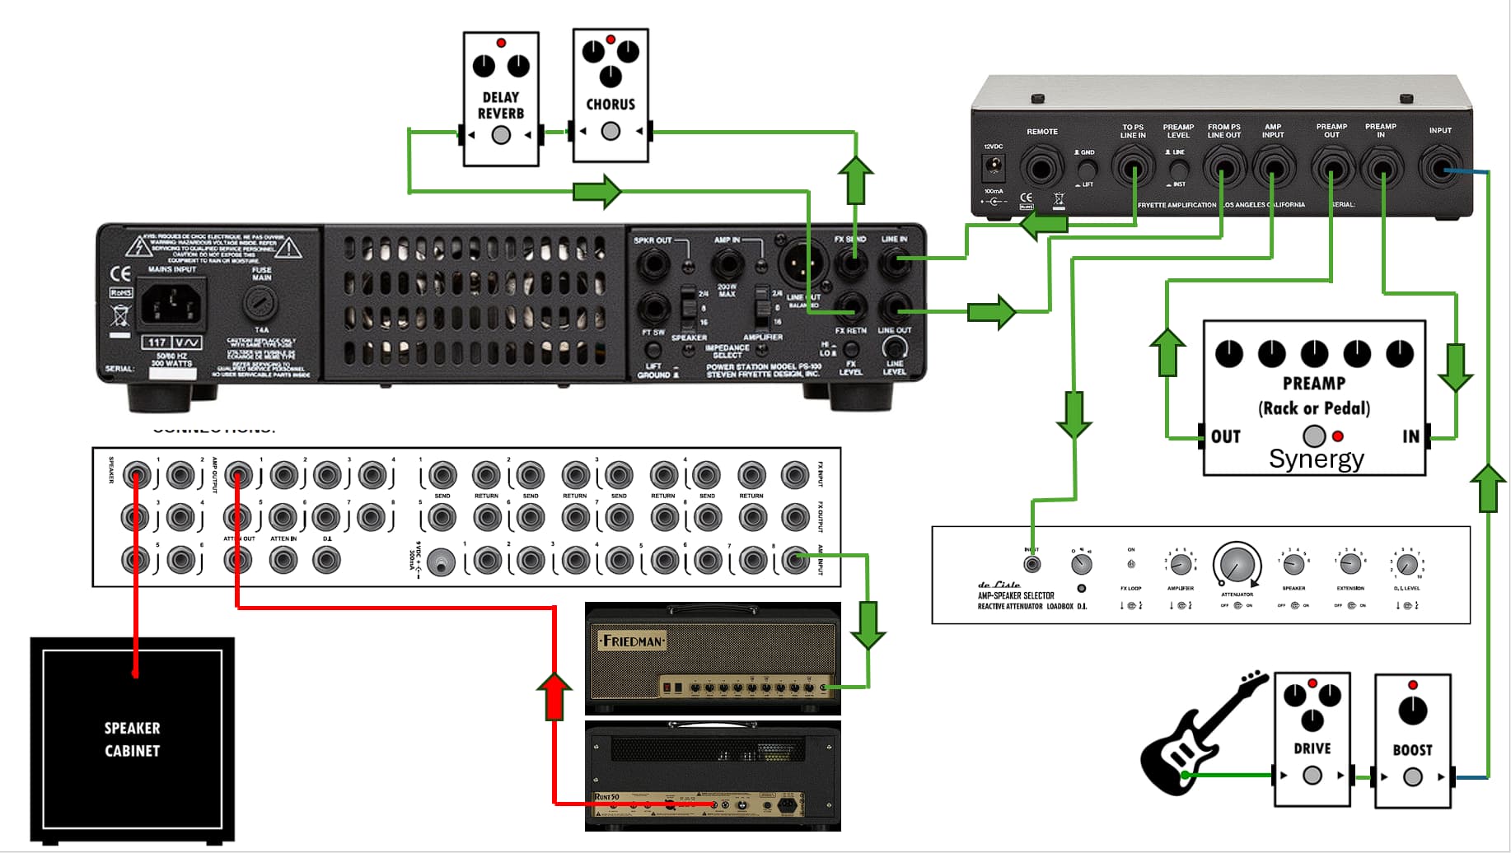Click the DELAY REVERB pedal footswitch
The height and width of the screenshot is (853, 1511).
(501, 135)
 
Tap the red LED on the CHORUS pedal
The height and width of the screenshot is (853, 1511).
(610, 40)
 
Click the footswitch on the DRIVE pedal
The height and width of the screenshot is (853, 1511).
(1312, 775)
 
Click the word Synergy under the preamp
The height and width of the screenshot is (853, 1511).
(1316, 459)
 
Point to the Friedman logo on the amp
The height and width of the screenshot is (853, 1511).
(631, 641)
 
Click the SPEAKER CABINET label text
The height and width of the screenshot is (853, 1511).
(132, 739)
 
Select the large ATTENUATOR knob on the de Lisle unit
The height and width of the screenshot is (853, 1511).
(1237, 565)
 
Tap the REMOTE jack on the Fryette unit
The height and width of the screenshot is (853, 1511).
(1041, 169)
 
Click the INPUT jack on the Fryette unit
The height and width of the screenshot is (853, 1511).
(1440, 168)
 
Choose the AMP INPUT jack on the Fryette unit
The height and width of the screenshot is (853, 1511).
(1273, 169)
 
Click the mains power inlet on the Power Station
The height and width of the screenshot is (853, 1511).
(172, 305)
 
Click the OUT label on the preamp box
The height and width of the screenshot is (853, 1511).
(1226, 436)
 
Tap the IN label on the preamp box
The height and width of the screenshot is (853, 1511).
(1410, 436)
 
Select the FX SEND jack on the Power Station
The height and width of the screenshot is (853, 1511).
(851, 263)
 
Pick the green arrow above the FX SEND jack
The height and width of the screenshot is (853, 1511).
(855, 179)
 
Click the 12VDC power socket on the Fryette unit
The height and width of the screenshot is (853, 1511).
(994, 167)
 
